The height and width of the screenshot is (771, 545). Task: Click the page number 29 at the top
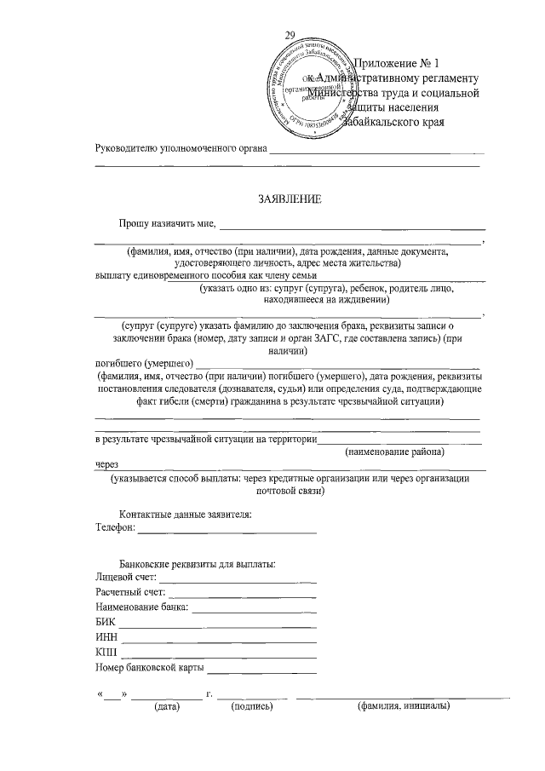point(290,35)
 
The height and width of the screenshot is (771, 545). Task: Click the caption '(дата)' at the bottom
point(166,706)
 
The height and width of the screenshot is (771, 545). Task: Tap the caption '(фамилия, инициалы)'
point(403,706)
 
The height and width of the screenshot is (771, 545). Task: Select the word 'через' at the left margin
point(107,466)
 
